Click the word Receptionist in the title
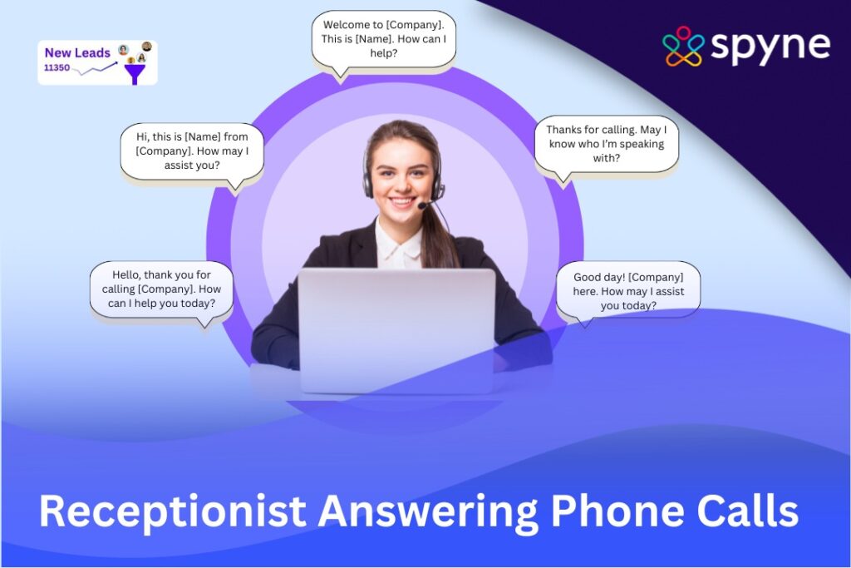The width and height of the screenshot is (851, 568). [x=171, y=510]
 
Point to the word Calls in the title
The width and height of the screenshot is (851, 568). [x=752, y=510]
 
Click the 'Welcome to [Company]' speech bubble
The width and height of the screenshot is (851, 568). [x=384, y=39]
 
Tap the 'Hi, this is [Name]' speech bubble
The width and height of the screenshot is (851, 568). [x=192, y=150]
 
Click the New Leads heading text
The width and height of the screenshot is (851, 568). [x=77, y=52]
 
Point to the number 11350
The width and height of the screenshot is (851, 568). [x=57, y=67]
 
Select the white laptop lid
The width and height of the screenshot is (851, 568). [x=396, y=328]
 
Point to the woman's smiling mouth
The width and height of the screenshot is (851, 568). [x=403, y=200]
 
